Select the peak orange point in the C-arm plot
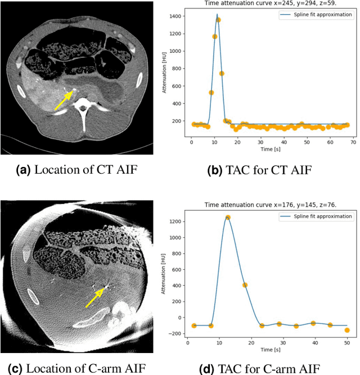click(228, 217)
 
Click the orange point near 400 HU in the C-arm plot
click(245, 285)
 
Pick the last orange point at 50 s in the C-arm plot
click(347, 330)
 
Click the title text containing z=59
click(264, 3)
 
